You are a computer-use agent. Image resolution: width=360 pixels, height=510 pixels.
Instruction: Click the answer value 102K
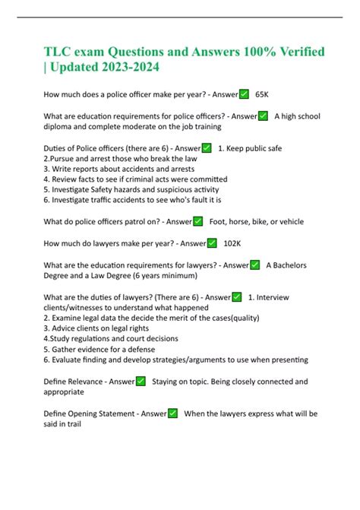[232, 243]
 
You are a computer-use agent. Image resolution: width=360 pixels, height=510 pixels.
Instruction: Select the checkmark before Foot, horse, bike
[197, 221]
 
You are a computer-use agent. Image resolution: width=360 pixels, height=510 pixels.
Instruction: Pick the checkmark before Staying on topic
[141, 381]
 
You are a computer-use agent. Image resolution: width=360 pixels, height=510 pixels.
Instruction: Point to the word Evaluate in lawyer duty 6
[68, 360]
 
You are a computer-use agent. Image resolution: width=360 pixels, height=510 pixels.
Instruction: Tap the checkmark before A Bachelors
[254, 265]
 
